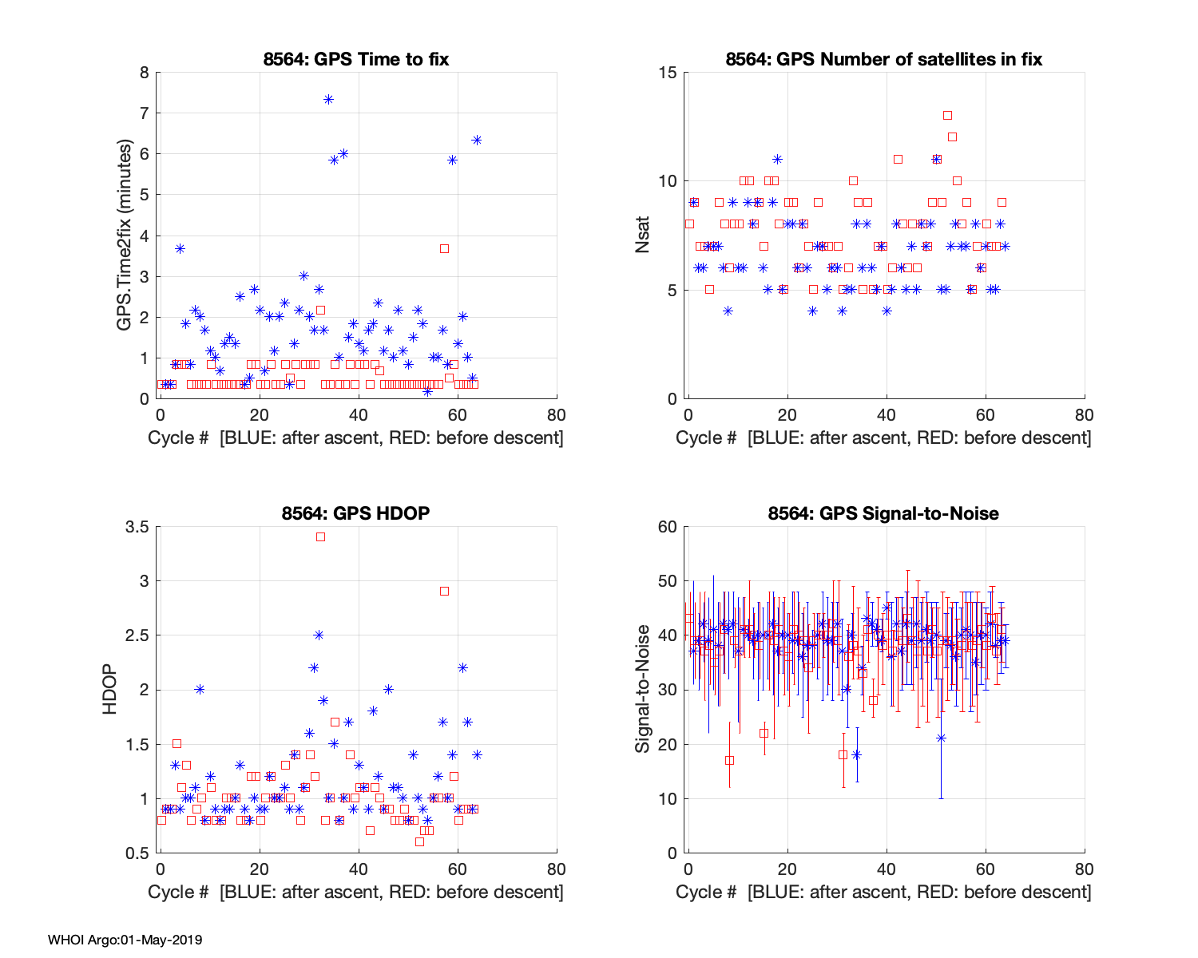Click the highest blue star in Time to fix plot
point(328,99)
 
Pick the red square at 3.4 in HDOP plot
point(320,536)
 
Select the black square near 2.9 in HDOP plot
point(444,591)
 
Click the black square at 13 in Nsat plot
point(947,115)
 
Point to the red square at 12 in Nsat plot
point(952,137)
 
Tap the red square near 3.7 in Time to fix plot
point(444,248)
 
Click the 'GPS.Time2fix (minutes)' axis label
point(125,236)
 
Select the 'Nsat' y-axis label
point(643,236)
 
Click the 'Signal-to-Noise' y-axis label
point(643,689)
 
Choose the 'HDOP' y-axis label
point(109,689)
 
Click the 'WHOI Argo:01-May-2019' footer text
point(125,940)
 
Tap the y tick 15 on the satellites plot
point(667,73)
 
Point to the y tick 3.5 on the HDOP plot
point(138,527)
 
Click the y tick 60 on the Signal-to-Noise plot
point(667,527)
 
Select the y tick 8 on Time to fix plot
point(144,73)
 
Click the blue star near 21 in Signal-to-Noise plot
point(941,738)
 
